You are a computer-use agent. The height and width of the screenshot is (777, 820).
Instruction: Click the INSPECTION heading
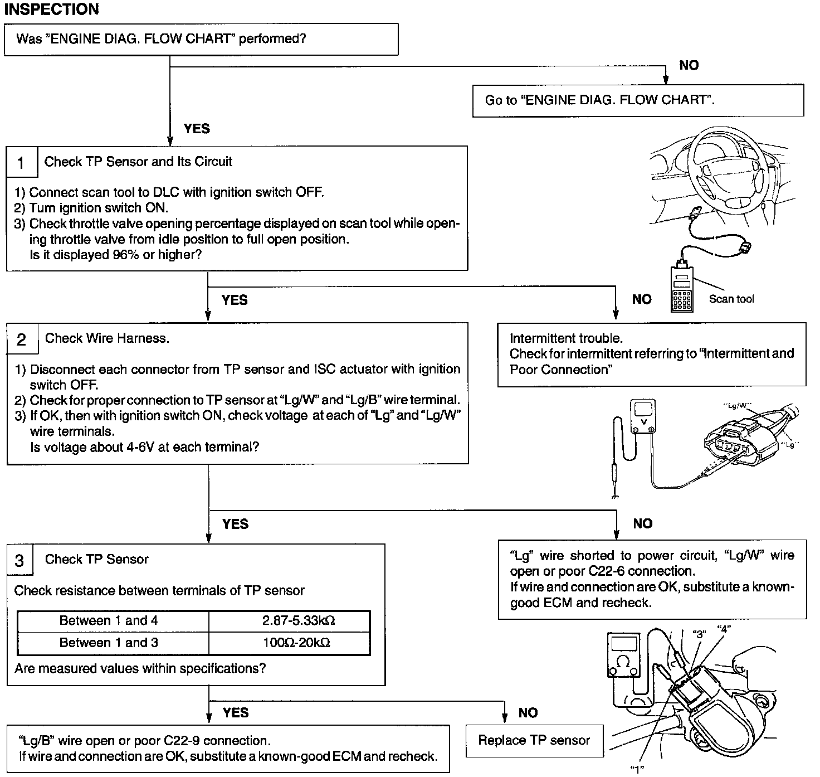click(51, 9)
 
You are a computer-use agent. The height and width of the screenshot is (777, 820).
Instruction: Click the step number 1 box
click(21, 163)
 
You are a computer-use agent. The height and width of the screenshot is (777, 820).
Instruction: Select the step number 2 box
click(22, 339)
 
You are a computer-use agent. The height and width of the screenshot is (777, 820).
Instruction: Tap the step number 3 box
click(20, 560)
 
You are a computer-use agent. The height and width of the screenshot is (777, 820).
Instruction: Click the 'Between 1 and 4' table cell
click(109, 621)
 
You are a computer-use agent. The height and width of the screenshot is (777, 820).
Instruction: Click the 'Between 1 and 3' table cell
click(109, 643)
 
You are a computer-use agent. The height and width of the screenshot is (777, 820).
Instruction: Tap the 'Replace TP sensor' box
click(534, 741)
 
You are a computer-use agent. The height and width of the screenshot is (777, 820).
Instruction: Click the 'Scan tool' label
click(731, 299)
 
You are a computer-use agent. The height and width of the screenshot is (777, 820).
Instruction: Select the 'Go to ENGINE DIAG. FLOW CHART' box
click(638, 101)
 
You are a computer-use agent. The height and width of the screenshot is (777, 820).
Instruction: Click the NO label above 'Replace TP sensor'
click(528, 713)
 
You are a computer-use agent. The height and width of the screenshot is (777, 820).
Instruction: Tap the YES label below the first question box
click(197, 129)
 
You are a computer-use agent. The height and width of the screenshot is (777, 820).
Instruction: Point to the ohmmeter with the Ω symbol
click(624, 655)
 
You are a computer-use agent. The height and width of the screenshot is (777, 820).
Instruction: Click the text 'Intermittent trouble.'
click(566, 338)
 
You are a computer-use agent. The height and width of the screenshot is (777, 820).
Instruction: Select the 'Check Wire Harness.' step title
click(107, 338)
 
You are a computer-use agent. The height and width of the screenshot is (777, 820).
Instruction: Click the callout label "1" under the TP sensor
click(637, 769)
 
